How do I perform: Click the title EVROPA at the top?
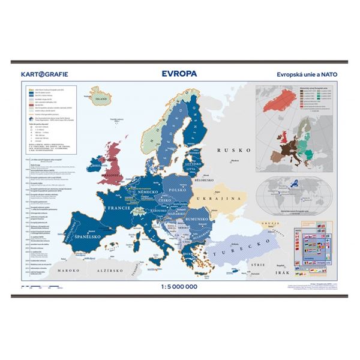coord(179,76)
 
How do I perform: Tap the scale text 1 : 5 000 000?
coord(180,286)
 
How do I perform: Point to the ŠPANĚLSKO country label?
coord(91,245)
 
